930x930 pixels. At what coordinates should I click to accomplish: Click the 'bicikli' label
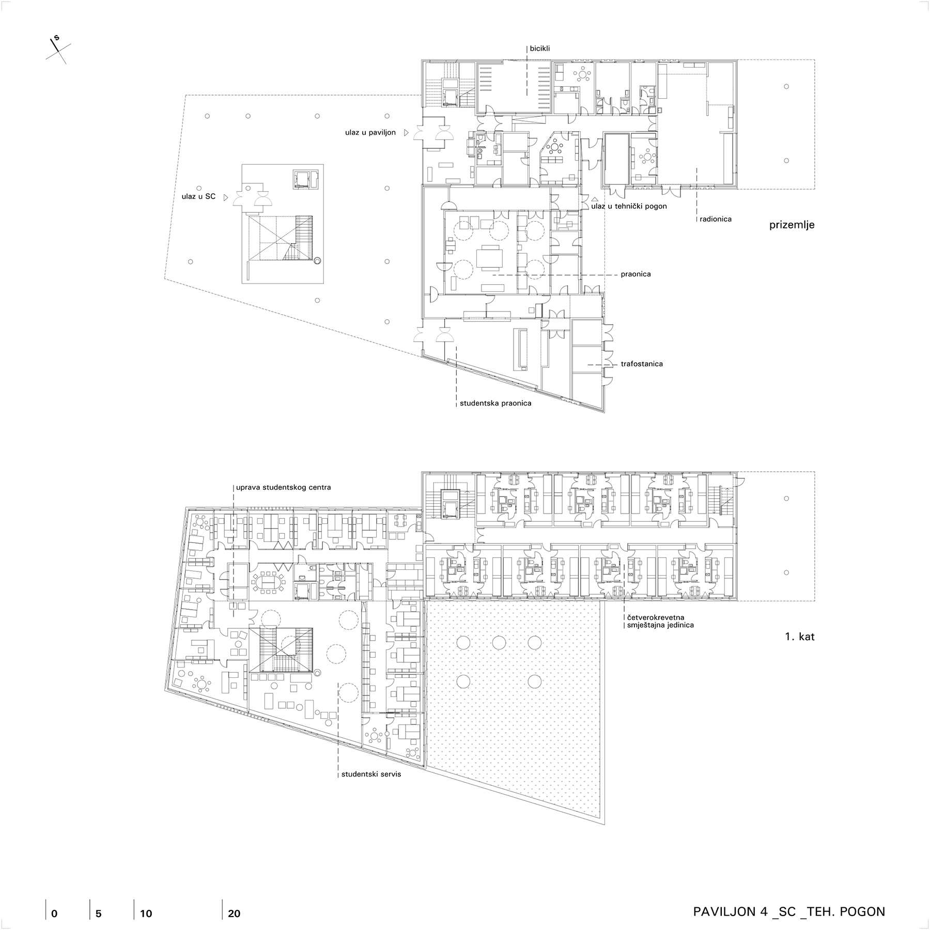pyautogui.click(x=539, y=49)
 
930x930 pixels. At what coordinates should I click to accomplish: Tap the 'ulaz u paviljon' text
pyautogui.click(x=370, y=133)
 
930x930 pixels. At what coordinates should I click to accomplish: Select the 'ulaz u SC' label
pyautogui.click(x=198, y=197)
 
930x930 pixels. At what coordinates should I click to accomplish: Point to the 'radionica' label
pyautogui.click(x=716, y=219)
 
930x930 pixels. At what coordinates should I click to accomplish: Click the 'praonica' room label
pyautogui.click(x=636, y=274)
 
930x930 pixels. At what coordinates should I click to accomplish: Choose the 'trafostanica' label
pyautogui.click(x=642, y=364)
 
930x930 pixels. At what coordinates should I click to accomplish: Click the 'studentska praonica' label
pyautogui.click(x=495, y=404)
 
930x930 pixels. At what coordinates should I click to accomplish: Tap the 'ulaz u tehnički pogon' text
pyautogui.click(x=629, y=206)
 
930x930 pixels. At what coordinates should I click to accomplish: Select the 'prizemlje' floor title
pyautogui.click(x=792, y=225)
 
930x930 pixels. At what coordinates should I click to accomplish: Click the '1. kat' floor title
pyautogui.click(x=800, y=637)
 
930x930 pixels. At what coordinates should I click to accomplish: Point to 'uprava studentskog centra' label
pyautogui.click(x=283, y=487)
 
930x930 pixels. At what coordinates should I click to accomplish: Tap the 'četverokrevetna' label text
pyautogui.click(x=656, y=617)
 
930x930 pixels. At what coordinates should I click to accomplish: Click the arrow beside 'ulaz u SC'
pyautogui.click(x=226, y=197)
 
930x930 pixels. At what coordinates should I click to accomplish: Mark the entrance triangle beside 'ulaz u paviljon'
pyautogui.click(x=407, y=133)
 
